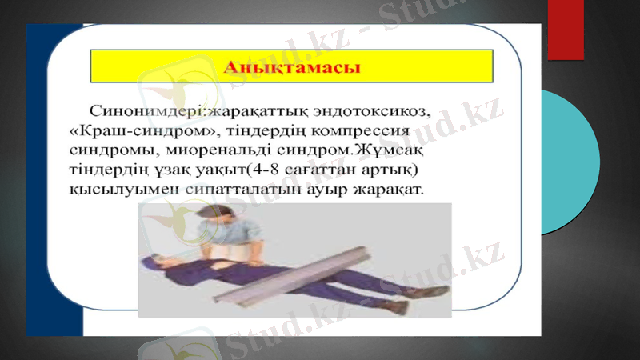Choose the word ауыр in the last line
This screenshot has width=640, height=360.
point(330,193)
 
